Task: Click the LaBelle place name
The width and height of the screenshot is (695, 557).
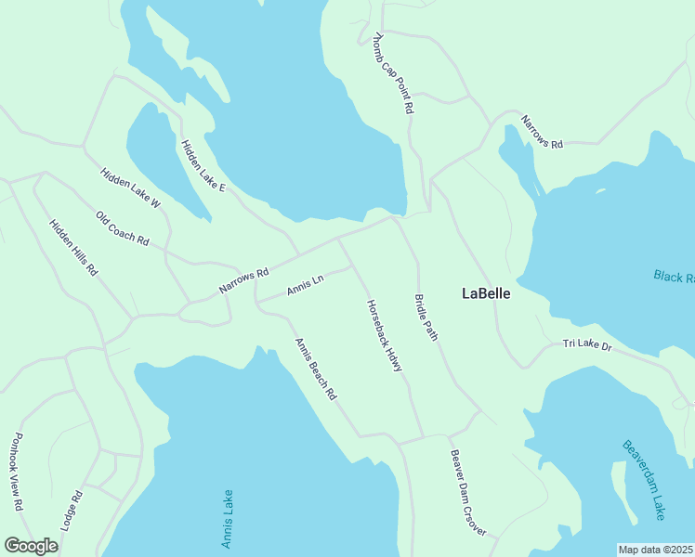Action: pyautogui.click(x=486, y=293)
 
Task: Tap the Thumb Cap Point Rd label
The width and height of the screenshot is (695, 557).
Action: pyautogui.click(x=392, y=73)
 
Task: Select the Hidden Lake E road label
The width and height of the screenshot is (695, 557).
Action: pyautogui.click(x=203, y=166)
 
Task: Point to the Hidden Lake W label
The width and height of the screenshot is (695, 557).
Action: pyautogui.click(x=130, y=187)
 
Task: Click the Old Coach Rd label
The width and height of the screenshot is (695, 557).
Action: pyautogui.click(x=122, y=228)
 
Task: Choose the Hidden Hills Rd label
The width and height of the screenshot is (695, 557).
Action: pyautogui.click(x=73, y=248)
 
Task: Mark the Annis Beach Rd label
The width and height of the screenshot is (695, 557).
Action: pyautogui.click(x=315, y=369)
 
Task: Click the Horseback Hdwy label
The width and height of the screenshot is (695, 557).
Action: pyautogui.click(x=384, y=336)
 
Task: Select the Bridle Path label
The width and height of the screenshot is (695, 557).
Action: pyautogui.click(x=426, y=317)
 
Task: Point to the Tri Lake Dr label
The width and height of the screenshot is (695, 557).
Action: pyautogui.click(x=587, y=345)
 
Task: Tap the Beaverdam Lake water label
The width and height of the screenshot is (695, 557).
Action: pyautogui.click(x=644, y=479)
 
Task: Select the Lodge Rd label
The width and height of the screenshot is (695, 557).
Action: pyautogui.click(x=72, y=510)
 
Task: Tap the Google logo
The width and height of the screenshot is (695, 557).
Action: pyautogui.click(x=31, y=546)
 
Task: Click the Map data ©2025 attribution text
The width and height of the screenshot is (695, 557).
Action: pyautogui.click(x=655, y=550)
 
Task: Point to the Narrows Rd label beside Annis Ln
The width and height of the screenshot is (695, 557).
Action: pyautogui.click(x=243, y=280)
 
